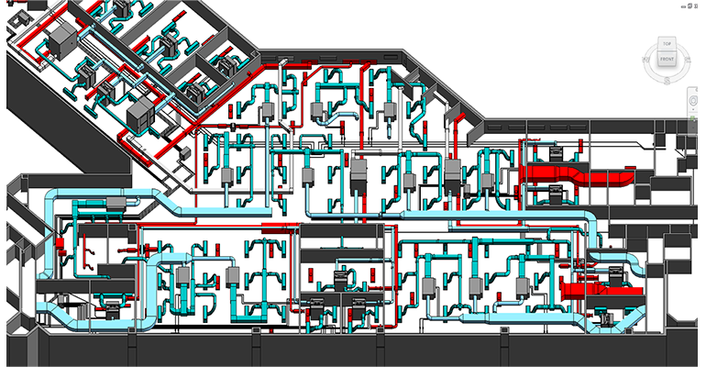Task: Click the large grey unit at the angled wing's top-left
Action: point(65,39)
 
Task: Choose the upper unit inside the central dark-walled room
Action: point(345,277)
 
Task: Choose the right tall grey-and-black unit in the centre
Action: point(452,174)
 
